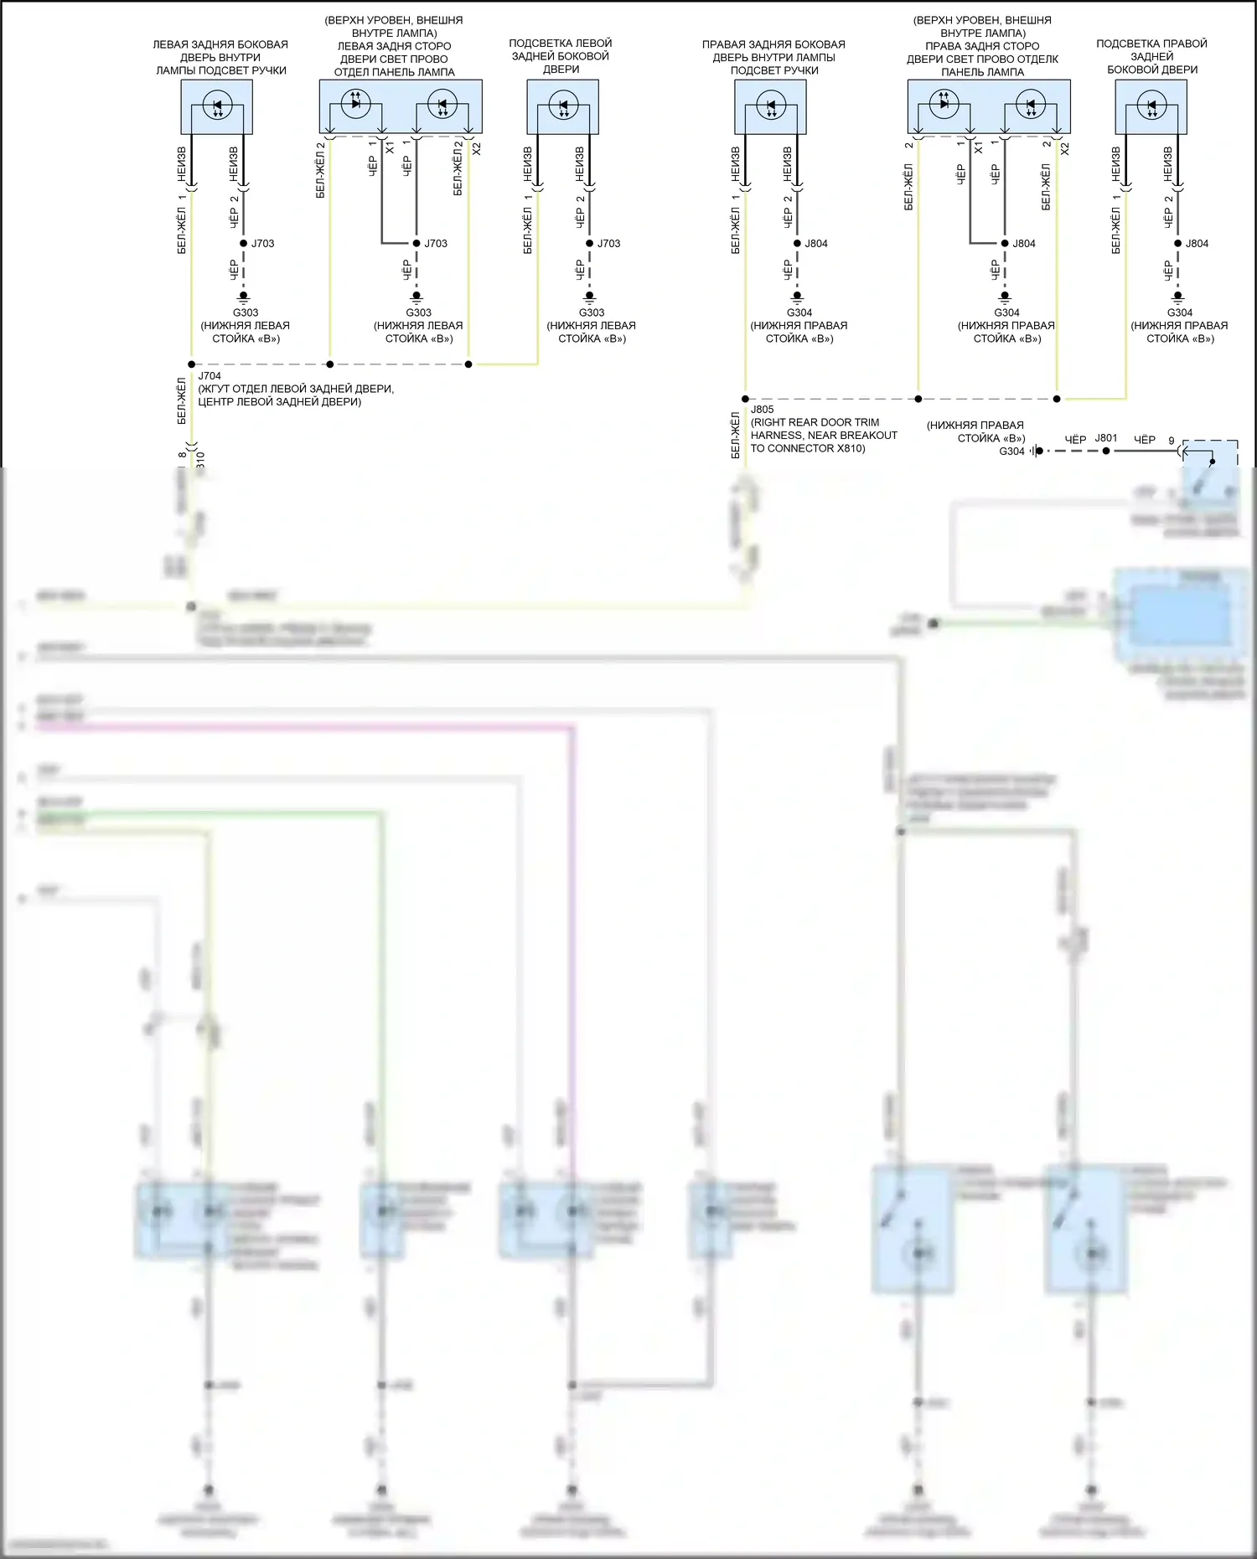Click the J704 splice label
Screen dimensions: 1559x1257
pos(209,376)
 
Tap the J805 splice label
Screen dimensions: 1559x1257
pos(762,410)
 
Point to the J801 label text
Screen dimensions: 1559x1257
pos(1106,437)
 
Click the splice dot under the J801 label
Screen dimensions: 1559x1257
pos(1106,451)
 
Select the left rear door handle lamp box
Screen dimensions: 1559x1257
pos(217,107)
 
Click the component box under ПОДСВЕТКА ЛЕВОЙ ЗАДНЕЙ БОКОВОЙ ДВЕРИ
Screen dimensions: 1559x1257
pos(562,107)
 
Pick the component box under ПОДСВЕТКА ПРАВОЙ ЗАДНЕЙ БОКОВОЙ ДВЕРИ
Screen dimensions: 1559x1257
pos(1151,107)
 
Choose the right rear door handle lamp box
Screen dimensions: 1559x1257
pos(771,107)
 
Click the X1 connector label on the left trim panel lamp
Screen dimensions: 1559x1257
pos(390,147)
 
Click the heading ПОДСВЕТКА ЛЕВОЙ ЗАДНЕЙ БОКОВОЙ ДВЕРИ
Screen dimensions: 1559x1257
pos(561,56)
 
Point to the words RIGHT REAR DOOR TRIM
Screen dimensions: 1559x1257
pos(815,422)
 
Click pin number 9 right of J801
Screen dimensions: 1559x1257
pos(1172,441)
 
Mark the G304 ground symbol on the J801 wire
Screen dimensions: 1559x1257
pos(1037,451)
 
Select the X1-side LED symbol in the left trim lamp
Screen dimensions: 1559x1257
pos(355,104)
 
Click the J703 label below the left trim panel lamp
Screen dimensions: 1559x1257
pos(436,244)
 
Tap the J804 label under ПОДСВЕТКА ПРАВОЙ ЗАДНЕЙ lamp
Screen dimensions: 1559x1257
pos(1197,244)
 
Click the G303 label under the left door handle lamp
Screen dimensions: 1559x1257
pos(246,312)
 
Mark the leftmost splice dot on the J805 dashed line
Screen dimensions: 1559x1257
pos(745,399)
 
